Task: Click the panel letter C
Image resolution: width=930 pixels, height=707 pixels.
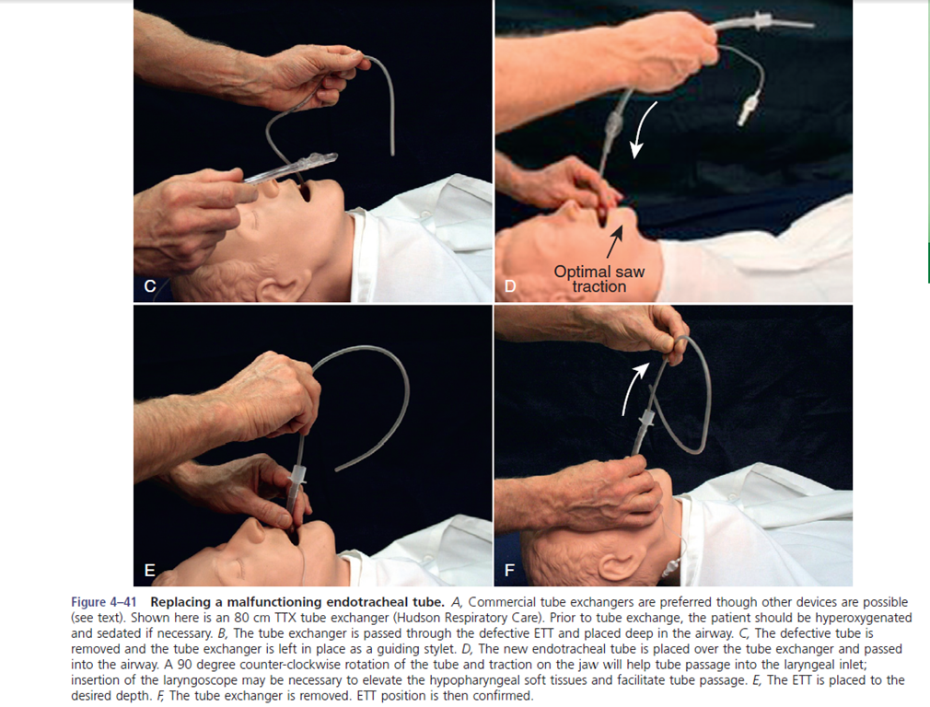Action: click(150, 286)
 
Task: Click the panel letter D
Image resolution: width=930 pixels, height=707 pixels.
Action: click(510, 286)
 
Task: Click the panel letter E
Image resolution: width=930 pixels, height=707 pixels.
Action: click(150, 570)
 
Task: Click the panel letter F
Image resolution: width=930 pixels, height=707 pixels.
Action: click(509, 570)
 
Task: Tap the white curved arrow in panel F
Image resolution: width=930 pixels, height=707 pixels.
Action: click(631, 388)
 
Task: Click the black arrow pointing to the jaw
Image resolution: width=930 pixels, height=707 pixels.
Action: click(615, 241)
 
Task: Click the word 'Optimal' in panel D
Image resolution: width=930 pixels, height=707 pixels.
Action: click(582, 272)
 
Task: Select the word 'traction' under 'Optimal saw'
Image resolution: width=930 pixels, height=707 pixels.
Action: click(599, 286)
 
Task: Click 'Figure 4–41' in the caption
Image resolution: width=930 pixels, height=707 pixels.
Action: click(104, 602)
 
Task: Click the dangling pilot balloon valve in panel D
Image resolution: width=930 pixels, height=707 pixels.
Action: click(745, 110)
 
